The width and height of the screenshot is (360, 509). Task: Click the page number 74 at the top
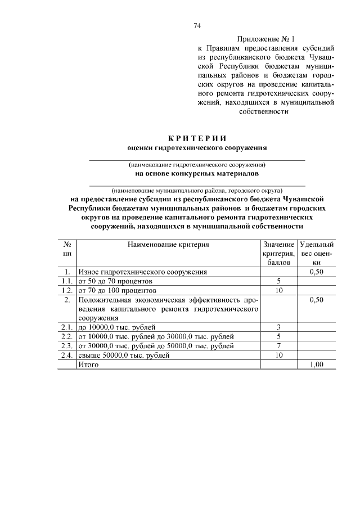(x=197, y=26)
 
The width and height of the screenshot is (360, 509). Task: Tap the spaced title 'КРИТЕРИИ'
(x=197, y=138)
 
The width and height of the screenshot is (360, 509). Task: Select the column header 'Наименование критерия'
(x=168, y=245)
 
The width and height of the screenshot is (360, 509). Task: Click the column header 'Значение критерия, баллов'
(x=278, y=253)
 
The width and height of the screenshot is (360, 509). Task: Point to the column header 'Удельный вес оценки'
(x=317, y=253)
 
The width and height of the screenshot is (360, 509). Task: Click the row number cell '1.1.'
(x=67, y=281)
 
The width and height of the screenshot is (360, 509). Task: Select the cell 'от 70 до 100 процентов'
(x=117, y=290)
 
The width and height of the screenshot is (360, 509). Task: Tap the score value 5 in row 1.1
(x=278, y=281)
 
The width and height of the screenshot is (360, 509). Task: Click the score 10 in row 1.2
(x=278, y=290)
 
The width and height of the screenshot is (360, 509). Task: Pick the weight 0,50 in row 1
(x=317, y=272)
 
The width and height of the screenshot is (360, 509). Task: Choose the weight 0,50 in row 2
(x=317, y=300)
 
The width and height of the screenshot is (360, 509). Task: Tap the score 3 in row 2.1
(x=278, y=327)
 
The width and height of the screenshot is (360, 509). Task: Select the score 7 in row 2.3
(x=278, y=345)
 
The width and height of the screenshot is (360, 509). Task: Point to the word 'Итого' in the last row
(x=88, y=364)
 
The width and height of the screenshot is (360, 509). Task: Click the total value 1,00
(x=317, y=364)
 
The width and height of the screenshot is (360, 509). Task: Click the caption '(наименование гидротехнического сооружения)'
(x=197, y=165)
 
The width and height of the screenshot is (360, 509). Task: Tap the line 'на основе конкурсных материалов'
(x=197, y=174)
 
